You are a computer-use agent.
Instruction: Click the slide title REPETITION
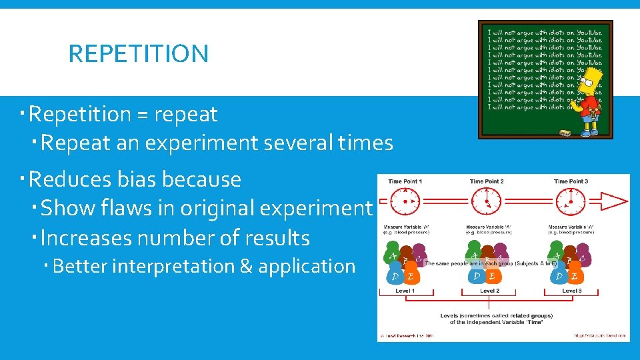point(138,54)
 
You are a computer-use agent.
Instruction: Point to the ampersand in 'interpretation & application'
point(245,266)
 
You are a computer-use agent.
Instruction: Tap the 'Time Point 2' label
point(487,181)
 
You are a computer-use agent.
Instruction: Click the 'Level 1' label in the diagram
point(405,291)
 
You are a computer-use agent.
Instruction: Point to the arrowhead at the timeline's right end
point(616,201)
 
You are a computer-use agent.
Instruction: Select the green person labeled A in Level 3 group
point(557,256)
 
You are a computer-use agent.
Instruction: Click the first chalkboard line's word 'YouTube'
point(588,32)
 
